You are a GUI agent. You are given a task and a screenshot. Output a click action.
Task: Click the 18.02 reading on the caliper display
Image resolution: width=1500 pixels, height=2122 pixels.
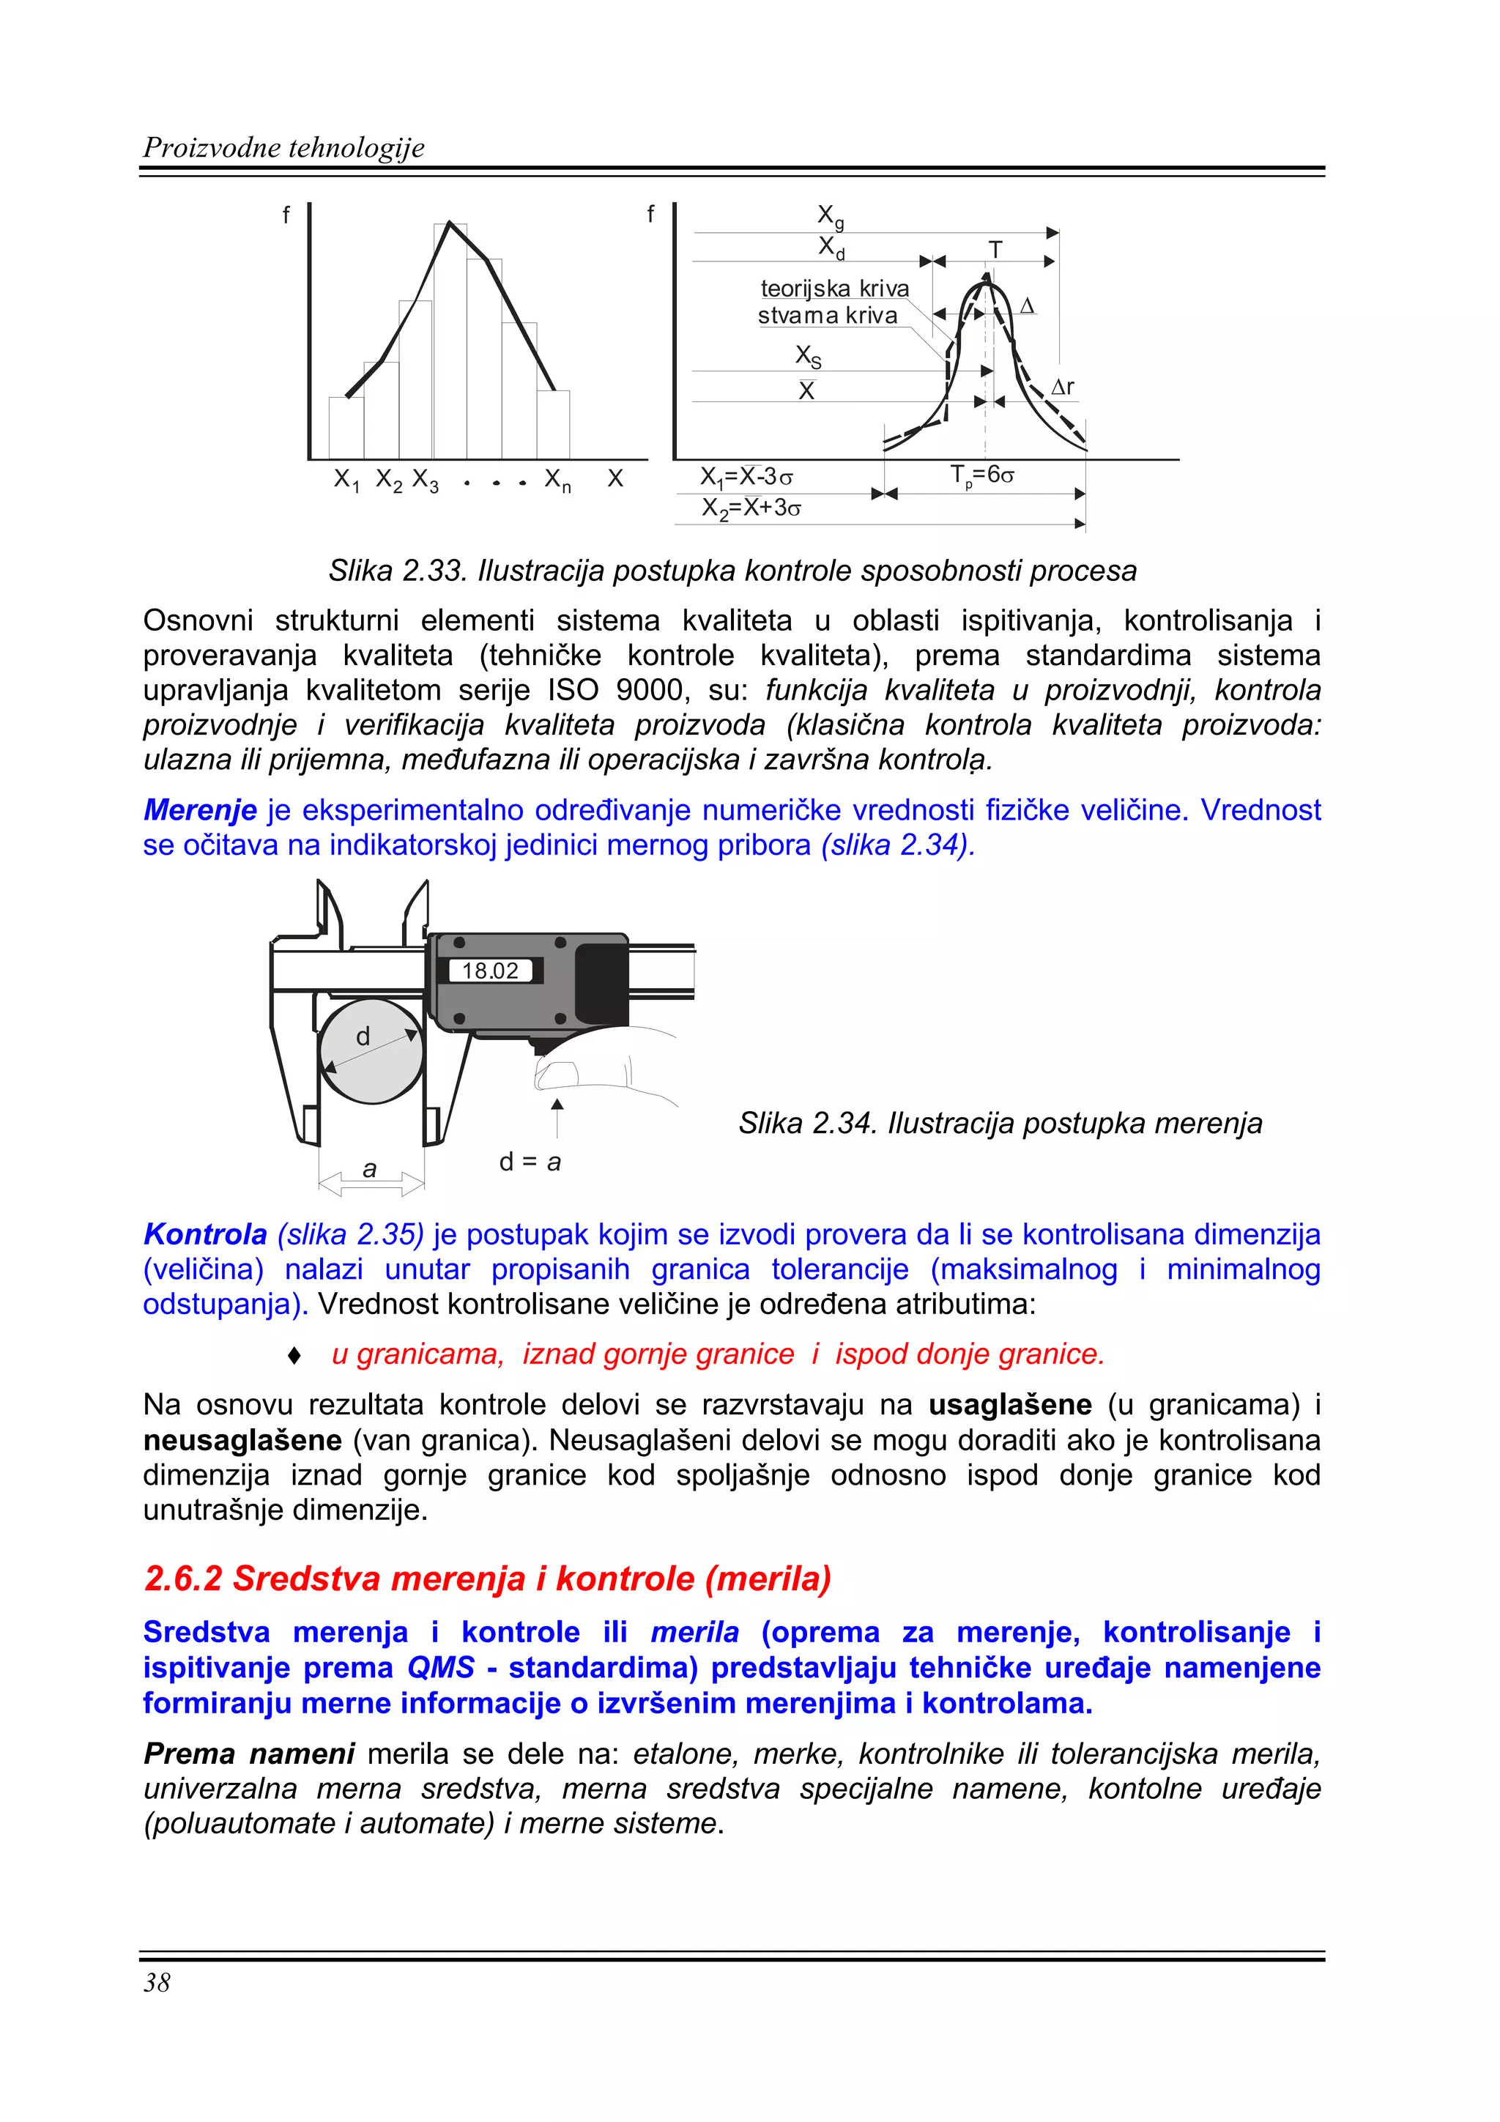pos(490,971)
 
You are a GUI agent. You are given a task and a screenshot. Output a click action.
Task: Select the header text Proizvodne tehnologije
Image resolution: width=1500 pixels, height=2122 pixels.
pos(283,148)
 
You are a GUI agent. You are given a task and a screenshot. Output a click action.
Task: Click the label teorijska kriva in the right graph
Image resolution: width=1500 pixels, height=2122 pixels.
pos(833,289)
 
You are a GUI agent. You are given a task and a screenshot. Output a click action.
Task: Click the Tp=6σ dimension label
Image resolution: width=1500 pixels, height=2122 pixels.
pos(981,475)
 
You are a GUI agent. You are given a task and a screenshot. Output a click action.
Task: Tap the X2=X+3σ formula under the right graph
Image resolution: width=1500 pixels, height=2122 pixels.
pos(751,508)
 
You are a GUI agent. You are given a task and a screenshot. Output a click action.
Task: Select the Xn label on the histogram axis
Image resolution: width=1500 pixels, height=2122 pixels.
pos(557,480)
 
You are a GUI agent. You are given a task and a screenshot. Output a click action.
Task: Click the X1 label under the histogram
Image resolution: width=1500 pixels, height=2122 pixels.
pos(346,480)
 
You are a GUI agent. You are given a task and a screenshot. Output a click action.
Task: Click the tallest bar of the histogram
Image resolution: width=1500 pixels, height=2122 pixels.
pos(450,342)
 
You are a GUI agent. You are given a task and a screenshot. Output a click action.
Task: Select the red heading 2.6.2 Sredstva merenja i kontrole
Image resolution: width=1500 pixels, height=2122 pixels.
pos(487,1578)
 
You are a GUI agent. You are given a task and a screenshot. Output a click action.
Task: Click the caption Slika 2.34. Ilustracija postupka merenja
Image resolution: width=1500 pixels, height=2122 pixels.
pos(1000,1123)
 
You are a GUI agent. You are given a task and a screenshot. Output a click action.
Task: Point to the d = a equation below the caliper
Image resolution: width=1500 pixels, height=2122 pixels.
pos(530,1162)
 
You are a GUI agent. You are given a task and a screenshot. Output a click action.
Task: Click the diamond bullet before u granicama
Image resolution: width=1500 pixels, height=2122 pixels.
pos(294,1355)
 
